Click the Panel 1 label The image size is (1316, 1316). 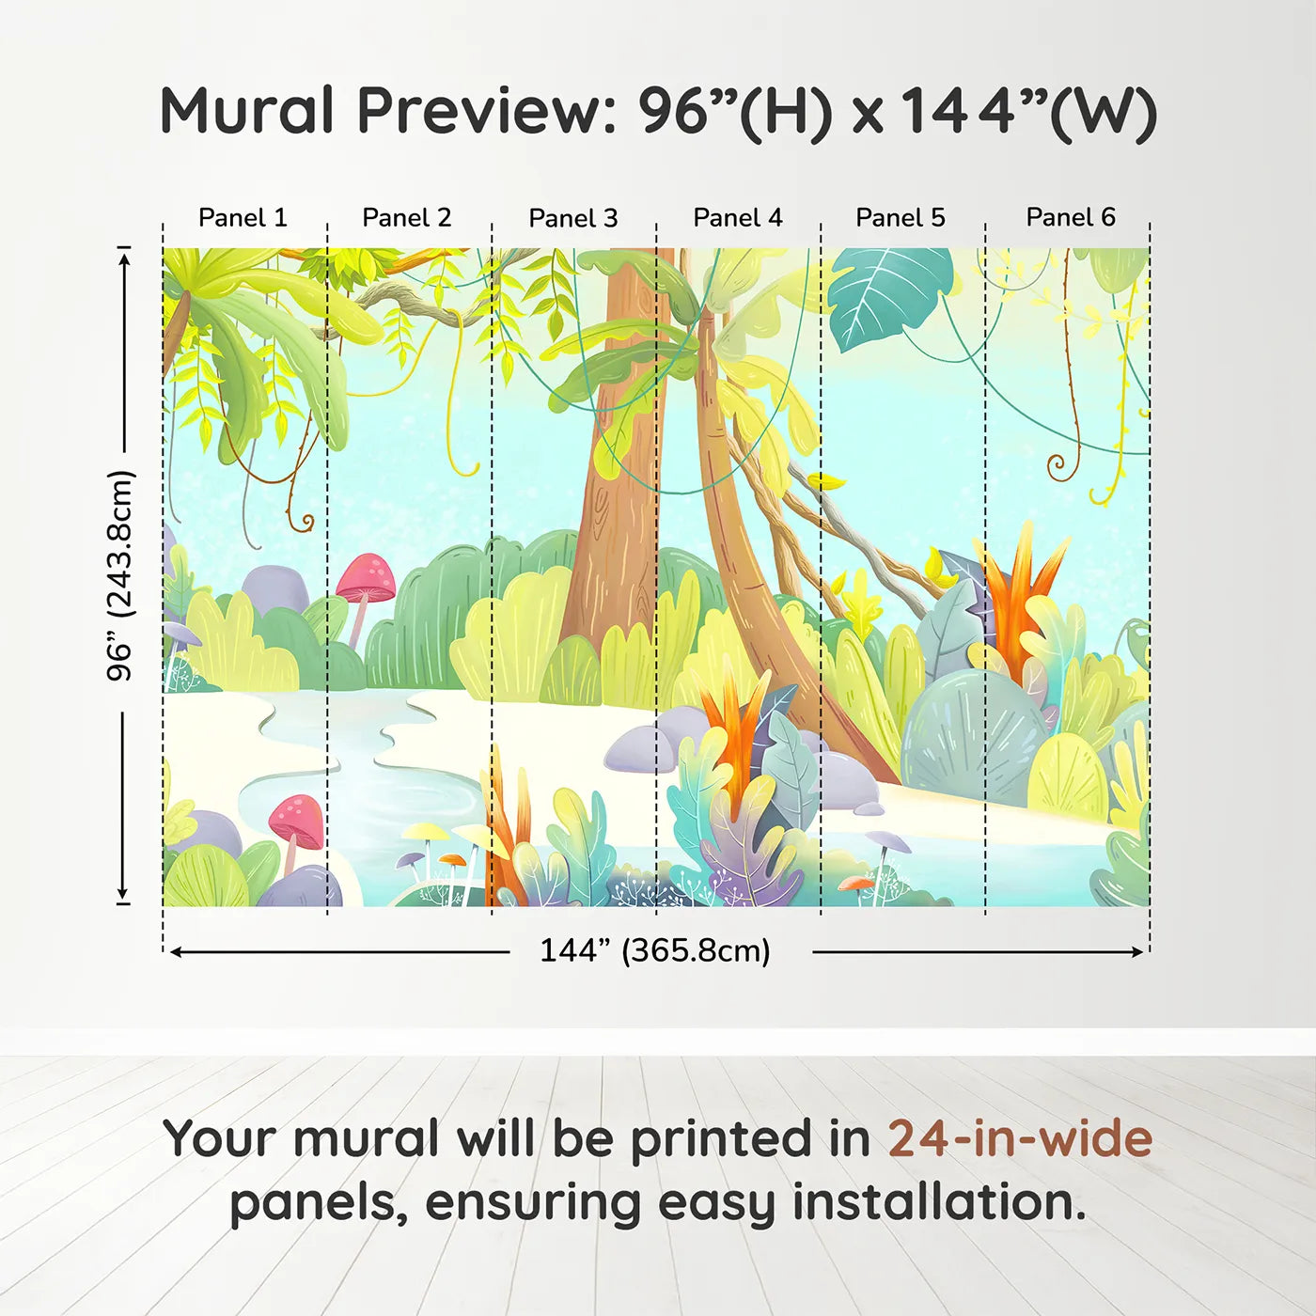point(243,218)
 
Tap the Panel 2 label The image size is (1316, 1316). point(407,218)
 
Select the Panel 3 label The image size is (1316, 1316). point(573,219)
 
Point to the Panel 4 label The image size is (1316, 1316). point(738,218)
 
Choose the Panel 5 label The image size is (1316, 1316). point(901,218)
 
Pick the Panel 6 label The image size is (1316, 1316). point(1071,218)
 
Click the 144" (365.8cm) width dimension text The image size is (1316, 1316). point(655,951)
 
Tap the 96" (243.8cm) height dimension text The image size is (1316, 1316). point(121,575)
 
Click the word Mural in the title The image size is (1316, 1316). point(246,111)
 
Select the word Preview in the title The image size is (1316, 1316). point(485,111)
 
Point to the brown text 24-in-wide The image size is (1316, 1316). point(1020,1139)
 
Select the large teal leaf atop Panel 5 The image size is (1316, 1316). point(888,291)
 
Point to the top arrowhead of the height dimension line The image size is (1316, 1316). point(123,255)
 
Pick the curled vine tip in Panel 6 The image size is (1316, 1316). point(1058,464)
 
